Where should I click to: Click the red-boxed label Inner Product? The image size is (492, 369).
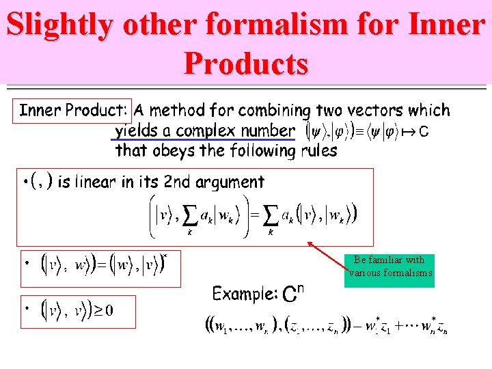(72, 110)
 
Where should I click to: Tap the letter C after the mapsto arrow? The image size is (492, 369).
(424, 131)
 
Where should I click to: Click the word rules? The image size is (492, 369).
(315, 150)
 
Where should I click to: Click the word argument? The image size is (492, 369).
(230, 182)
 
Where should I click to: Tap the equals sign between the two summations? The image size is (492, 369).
(254, 216)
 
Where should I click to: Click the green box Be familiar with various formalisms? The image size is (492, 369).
(389, 266)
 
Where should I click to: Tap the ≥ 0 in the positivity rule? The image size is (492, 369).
(103, 311)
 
